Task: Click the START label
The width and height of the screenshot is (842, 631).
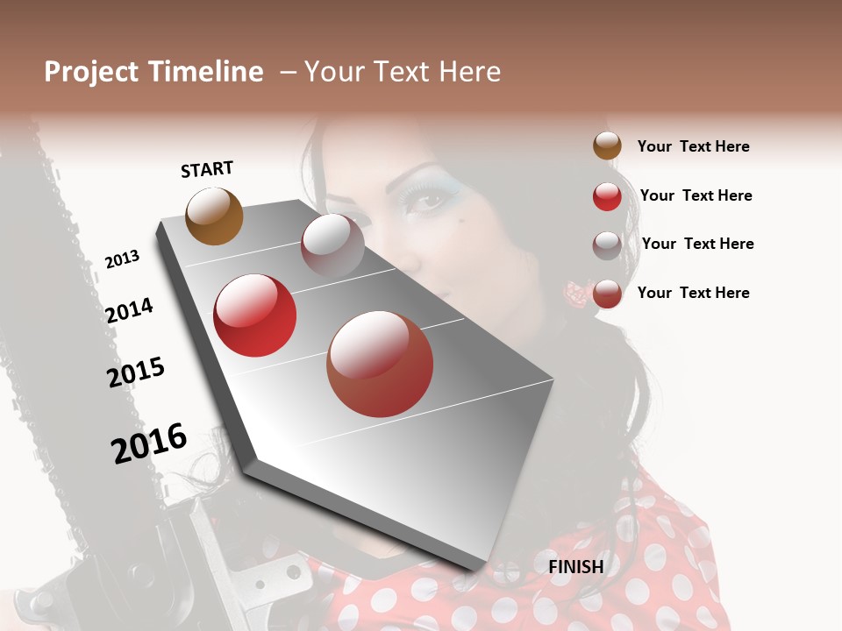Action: pos(207,169)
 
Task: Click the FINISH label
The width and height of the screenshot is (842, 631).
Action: pos(575,567)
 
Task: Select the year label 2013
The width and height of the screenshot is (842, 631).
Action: pos(122,259)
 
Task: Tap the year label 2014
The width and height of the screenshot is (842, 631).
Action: pos(129,310)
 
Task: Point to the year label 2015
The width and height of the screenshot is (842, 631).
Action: pos(136,372)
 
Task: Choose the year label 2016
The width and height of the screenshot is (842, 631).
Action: pos(149,443)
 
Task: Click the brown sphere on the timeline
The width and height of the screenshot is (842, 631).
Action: pos(214,216)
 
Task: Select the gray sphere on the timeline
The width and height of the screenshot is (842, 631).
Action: pos(332,245)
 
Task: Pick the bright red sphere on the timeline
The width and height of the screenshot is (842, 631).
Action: pos(254,315)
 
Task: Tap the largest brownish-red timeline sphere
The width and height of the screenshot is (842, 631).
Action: pos(380,364)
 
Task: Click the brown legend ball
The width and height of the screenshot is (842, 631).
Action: pos(607,146)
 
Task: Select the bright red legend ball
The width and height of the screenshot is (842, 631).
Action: pos(607,196)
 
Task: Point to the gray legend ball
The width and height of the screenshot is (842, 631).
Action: pos(607,245)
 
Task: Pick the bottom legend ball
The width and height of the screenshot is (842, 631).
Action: pos(607,294)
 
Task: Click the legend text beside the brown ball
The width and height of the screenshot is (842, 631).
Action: pos(693,146)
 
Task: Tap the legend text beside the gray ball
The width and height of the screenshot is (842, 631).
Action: pos(697,244)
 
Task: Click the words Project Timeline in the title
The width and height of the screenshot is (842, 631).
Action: pos(153,72)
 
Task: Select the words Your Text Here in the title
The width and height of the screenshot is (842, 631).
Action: pos(403,72)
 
